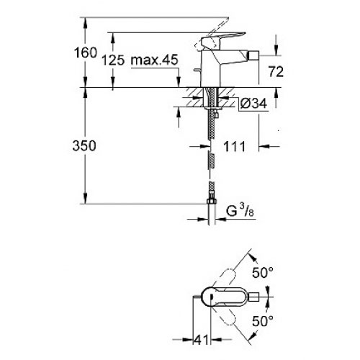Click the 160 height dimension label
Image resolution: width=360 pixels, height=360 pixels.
86,53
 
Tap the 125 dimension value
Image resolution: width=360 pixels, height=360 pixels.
113,60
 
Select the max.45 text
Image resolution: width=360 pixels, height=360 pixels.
154,60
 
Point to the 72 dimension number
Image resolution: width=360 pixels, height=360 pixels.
276,71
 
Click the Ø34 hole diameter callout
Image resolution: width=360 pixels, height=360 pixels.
253,104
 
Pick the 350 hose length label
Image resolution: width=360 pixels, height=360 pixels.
84,145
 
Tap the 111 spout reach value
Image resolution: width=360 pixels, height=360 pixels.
235,146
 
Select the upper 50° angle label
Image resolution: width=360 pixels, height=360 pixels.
263,272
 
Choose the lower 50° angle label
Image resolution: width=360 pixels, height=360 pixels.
263,321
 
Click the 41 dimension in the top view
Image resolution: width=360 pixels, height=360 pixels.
201,340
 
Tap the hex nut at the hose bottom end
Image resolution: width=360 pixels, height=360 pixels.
212,201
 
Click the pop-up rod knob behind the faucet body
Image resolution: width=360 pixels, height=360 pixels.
197,70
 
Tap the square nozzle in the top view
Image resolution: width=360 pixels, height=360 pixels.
254,297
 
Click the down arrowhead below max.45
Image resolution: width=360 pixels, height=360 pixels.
178,81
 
